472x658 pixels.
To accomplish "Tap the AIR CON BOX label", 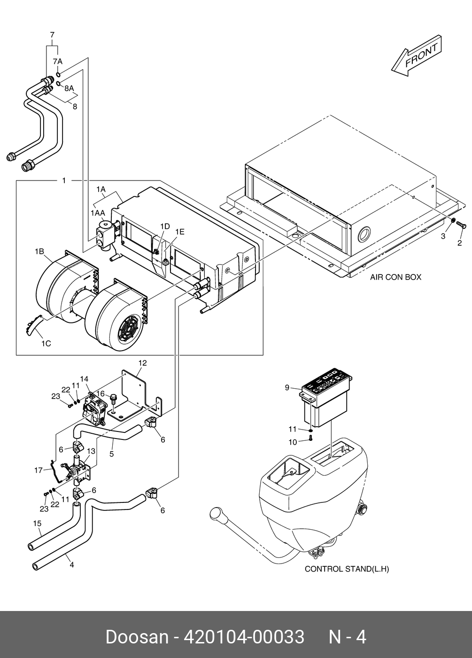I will click(x=395, y=277).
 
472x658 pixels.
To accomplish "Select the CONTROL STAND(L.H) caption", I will click(x=347, y=569).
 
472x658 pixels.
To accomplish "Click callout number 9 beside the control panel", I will click(x=287, y=388).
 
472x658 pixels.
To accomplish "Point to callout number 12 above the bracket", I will click(x=142, y=363).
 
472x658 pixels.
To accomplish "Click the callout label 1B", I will click(x=39, y=251).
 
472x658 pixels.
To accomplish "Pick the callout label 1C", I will click(x=46, y=344).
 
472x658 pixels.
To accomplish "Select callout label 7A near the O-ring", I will click(x=57, y=62).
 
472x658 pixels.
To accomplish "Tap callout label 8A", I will click(x=69, y=88).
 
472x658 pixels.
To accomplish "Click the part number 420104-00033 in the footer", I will click(x=244, y=637).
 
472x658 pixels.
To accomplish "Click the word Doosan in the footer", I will click(x=137, y=637).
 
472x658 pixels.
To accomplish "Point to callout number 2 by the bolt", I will click(x=459, y=243).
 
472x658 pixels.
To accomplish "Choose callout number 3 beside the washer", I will click(x=443, y=236).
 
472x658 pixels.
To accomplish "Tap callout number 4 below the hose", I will click(x=71, y=565).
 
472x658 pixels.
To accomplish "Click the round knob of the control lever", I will click(x=218, y=515).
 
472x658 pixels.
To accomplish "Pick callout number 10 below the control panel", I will click(x=293, y=442).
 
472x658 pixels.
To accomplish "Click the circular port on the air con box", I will click(x=364, y=234).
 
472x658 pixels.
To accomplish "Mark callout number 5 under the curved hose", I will click(x=112, y=454).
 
